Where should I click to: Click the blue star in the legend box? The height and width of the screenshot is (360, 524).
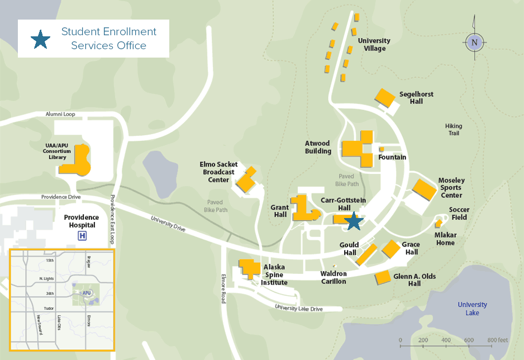pos(40,39)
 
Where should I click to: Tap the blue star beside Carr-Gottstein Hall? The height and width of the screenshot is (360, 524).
pos(353,221)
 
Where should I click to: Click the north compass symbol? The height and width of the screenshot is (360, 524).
pos(474,42)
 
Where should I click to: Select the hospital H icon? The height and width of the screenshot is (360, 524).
pos(83,236)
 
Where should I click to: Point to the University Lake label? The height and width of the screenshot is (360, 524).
pos(472,309)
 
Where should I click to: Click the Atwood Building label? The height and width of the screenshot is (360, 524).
pos(318,148)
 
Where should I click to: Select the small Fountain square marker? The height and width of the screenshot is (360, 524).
pos(382,149)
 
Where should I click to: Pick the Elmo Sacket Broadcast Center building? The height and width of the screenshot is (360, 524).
pos(246,179)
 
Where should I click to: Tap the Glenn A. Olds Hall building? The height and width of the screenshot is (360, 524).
pos(383,277)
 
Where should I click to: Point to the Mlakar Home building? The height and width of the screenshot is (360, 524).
pos(439,224)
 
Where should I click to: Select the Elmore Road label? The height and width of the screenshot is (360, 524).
pos(223,288)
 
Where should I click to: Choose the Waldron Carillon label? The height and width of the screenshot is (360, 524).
pos(334,277)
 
